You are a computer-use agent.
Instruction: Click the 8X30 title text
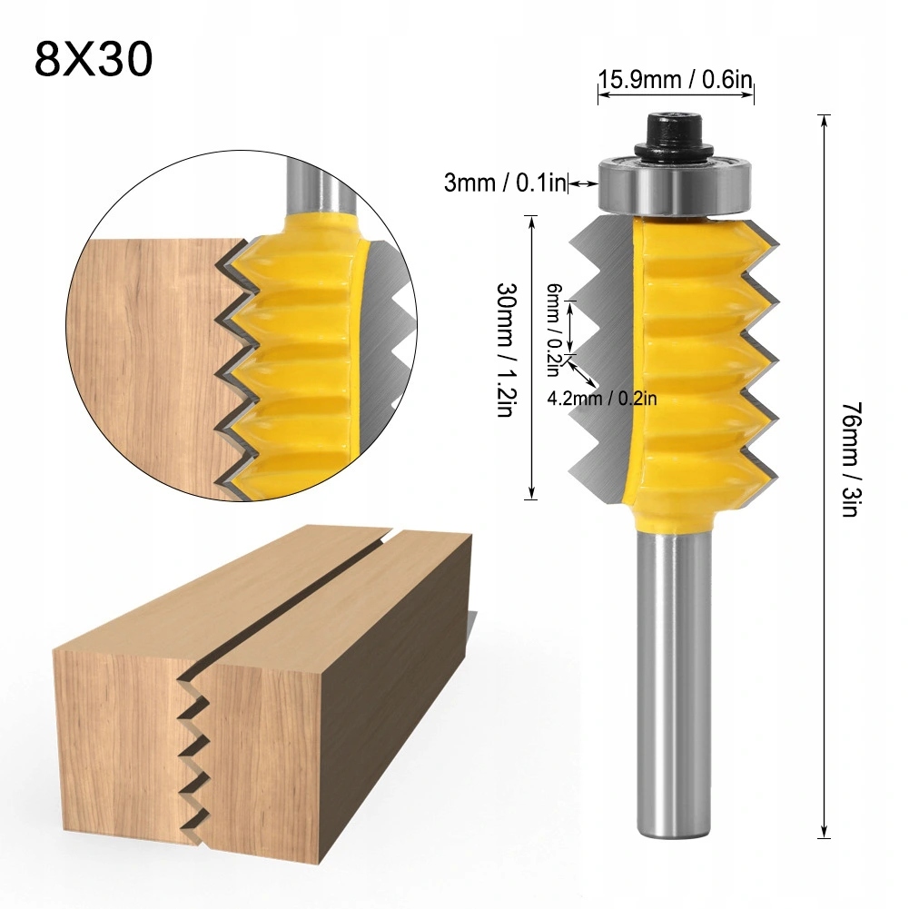coord(94,59)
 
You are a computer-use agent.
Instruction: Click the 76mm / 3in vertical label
coord(851,459)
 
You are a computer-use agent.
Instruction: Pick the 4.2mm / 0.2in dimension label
coord(602,397)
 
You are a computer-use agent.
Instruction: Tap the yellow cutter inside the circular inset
coord(300,354)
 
